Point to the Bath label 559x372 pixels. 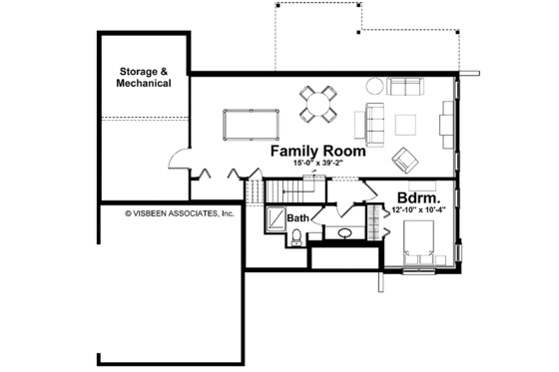tap(297, 217)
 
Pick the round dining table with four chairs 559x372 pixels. tap(317, 103)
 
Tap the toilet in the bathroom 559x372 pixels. tap(295, 236)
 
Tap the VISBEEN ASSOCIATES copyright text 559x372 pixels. tap(179, 213)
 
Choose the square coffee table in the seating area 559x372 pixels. tap(406, 124)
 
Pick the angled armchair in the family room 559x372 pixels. tap(405, 159)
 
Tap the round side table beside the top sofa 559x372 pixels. tap(372, 86)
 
